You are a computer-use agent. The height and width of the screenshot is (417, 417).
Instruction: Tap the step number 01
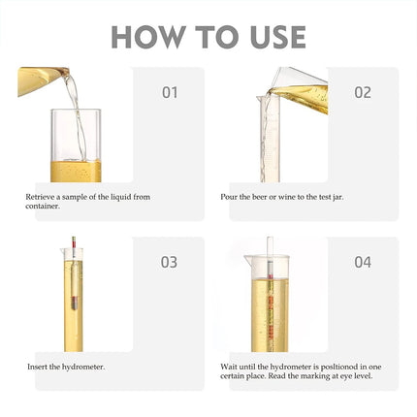coord(170,93)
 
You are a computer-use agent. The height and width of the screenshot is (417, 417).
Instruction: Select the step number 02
coord(362,93)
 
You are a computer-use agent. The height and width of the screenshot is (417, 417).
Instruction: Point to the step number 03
coord(170,262)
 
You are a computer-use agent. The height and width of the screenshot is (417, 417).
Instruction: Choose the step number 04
coord(362,262)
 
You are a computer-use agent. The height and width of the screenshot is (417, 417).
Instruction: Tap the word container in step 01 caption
coord(42,206)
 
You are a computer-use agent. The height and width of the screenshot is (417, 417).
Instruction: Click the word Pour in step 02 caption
coord(228,196)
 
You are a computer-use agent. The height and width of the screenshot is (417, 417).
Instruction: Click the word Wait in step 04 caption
coord(229,367)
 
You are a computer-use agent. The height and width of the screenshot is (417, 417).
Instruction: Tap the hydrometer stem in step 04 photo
coord(271,291)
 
